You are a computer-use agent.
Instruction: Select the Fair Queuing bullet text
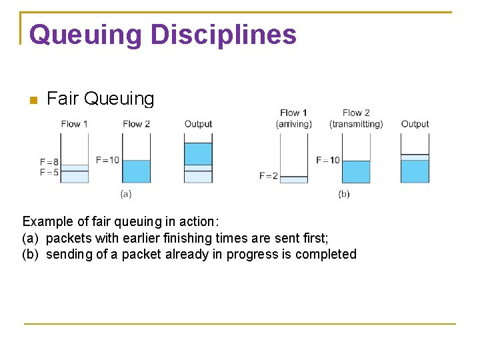100,99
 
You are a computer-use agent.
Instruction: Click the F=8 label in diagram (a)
49,162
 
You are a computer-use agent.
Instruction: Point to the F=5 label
49,172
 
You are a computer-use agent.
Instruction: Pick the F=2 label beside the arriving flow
268,176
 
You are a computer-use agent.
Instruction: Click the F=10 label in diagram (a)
107,160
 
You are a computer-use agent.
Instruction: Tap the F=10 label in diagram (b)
327,160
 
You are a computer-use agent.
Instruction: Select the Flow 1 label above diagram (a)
74,124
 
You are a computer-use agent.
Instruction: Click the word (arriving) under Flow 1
293,124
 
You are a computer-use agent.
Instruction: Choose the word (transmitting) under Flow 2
356,124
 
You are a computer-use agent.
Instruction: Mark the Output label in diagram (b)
415,124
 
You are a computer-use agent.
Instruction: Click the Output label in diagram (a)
198,124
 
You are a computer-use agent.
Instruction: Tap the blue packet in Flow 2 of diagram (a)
136,171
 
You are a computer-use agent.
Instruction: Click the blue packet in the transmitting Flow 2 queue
355,171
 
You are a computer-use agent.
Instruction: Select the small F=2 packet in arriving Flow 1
293,179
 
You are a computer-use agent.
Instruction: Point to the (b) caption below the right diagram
343,194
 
